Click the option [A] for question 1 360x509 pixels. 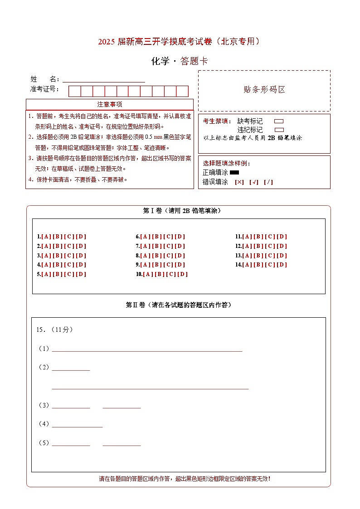46,237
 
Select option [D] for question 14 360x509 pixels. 282,265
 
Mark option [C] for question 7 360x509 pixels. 169,246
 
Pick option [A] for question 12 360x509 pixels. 247,246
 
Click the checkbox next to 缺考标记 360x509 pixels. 279,121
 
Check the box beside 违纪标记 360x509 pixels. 279,130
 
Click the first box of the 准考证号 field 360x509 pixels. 74,91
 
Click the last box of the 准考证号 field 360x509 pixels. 182,91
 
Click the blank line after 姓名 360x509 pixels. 104,80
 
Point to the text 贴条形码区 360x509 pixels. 264,90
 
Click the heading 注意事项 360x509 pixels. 109,104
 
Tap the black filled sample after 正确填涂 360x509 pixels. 234,172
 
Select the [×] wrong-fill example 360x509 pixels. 239,182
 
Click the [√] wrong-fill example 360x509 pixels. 254,182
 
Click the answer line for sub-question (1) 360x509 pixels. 147,349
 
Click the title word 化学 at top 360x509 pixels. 160,61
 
